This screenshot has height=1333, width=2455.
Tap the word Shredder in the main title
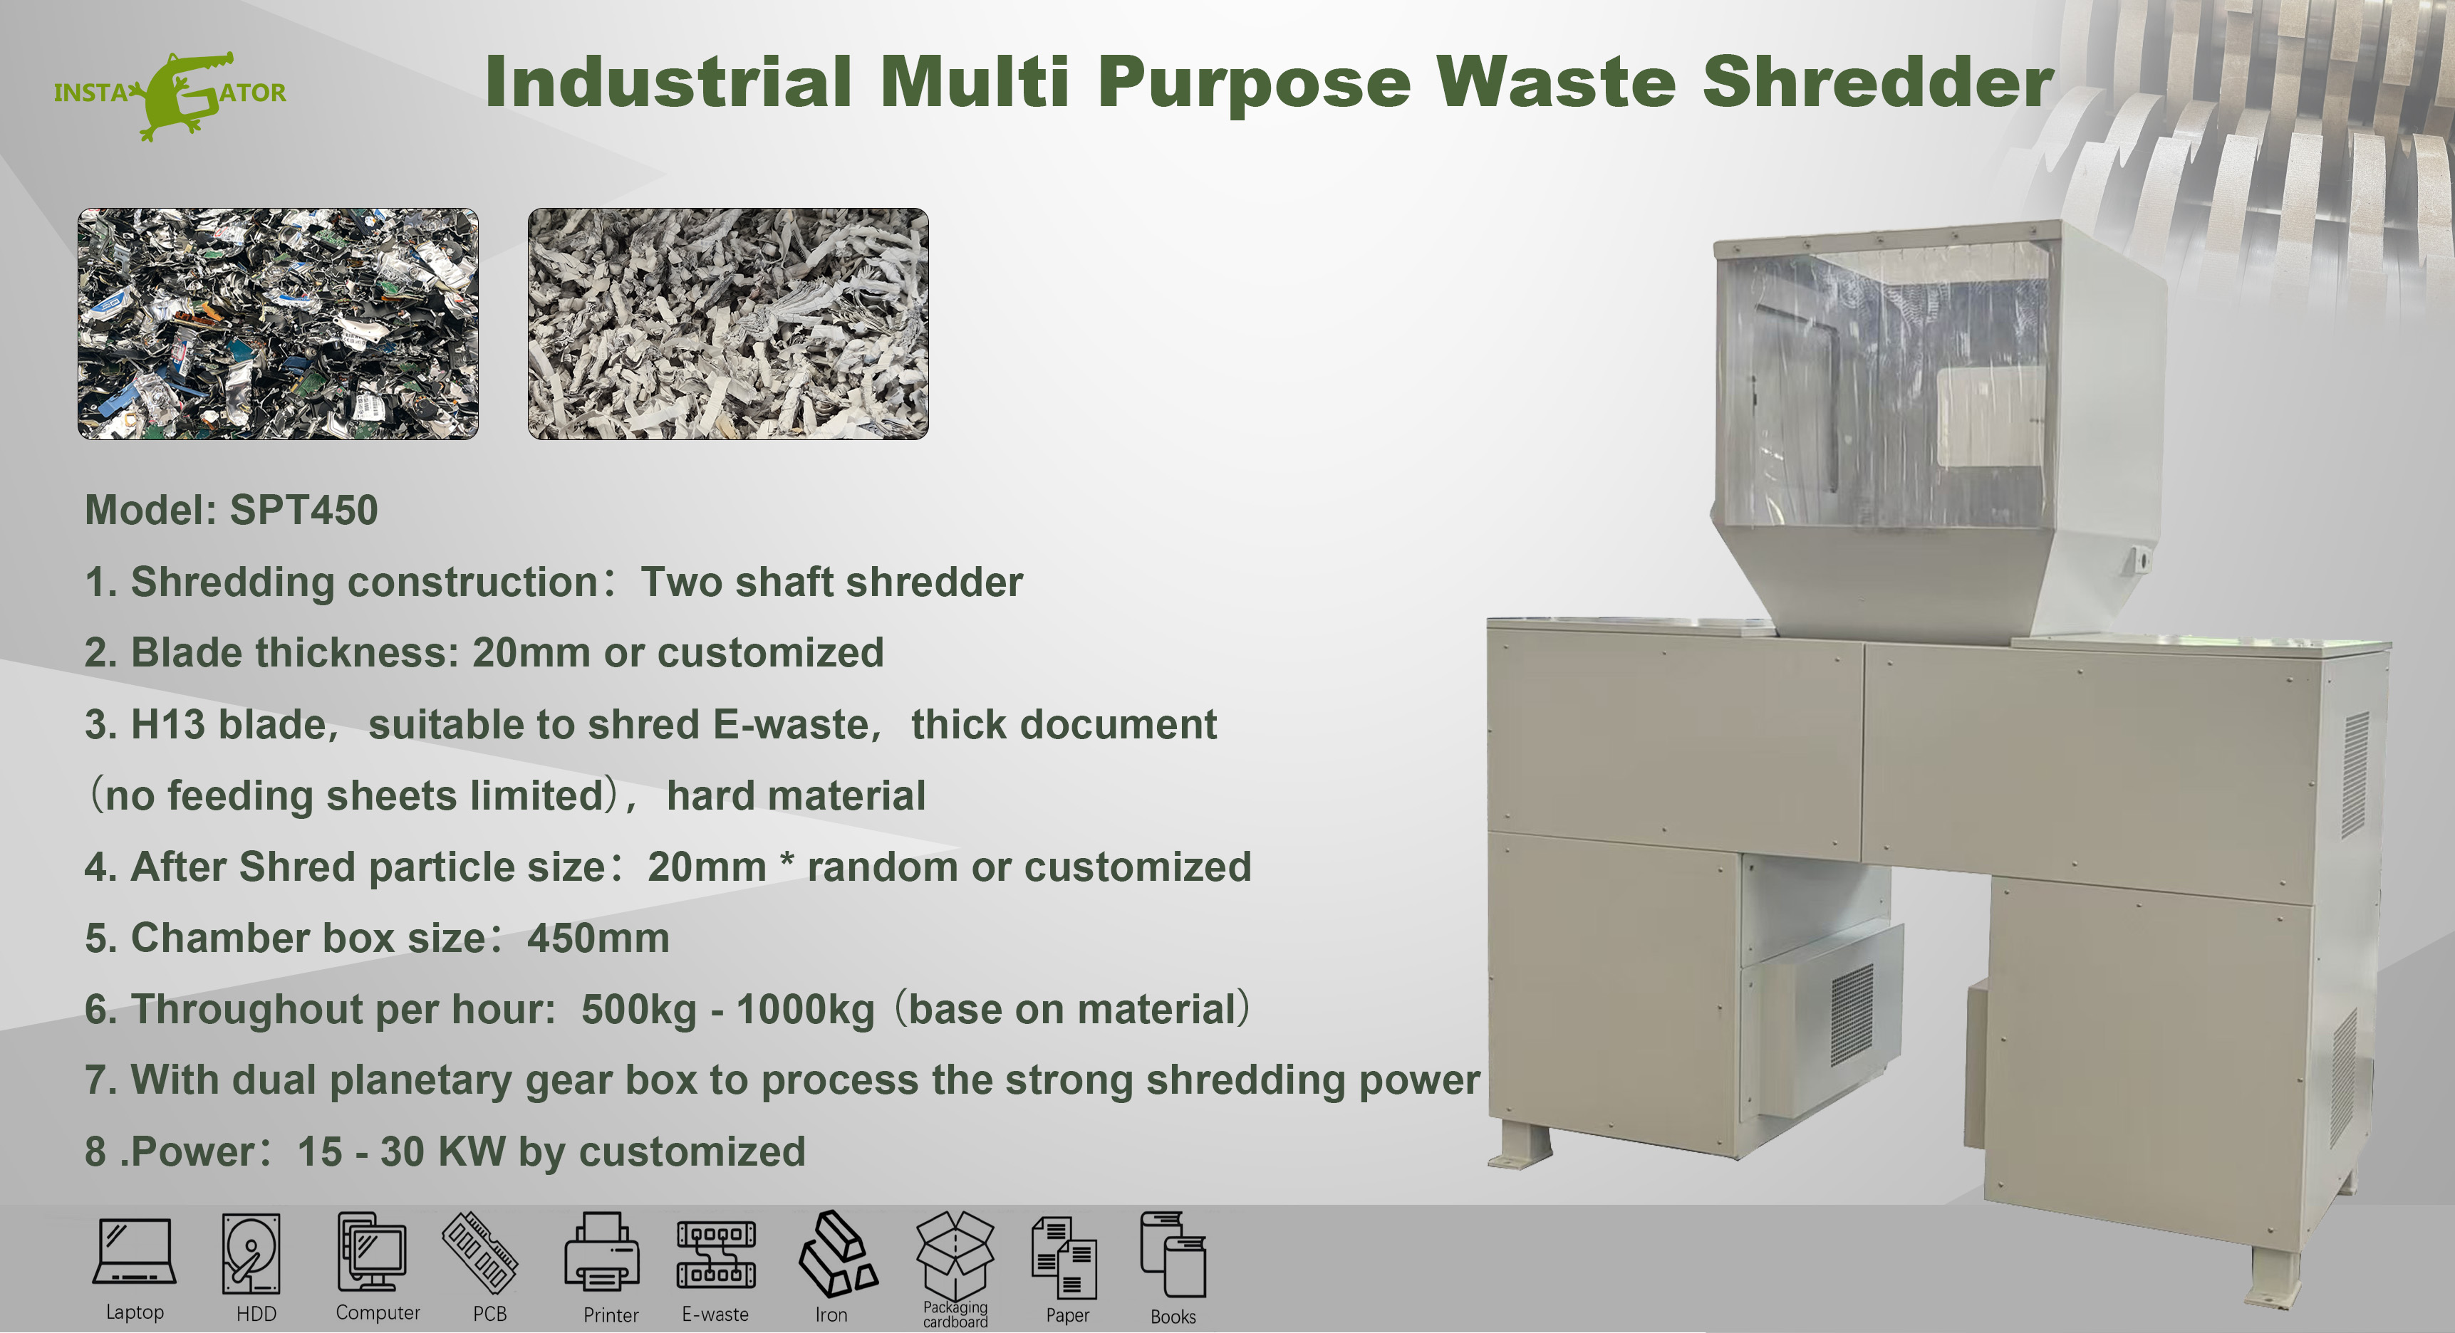(x=1877, y=82)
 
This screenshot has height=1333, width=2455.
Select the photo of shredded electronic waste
(x=277, y=324)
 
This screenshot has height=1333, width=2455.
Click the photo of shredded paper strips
(x=728, y=324)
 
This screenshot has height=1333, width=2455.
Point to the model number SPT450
(x=304, y=511)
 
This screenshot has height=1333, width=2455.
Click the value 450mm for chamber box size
(x=598, y=939)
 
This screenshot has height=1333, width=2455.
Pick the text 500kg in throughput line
(x=638, y=1010)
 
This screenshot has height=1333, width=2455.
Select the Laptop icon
(x=135, y=1253)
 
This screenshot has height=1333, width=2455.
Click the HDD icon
(x=251, y=1253)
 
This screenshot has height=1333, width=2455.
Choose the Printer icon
(x=601, y=1253)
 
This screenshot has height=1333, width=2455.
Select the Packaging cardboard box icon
(x=954, y=1253)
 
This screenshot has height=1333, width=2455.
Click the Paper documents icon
(x=1064, y=1258)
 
